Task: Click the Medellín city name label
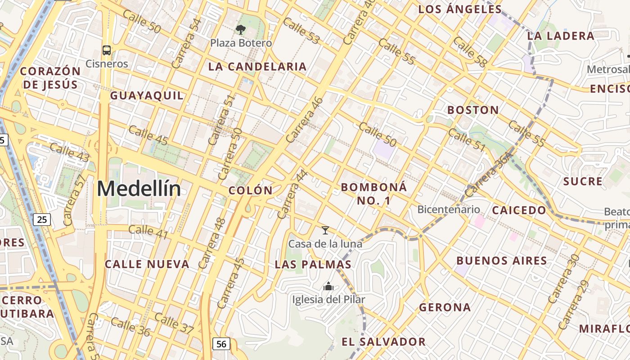(139, 189)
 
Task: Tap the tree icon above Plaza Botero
(241, 30)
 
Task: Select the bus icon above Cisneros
(107, 50)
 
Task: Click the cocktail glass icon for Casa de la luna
(325, 230)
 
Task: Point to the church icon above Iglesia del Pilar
(328, 286)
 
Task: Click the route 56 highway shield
(221, 344)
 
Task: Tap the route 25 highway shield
(42, 220)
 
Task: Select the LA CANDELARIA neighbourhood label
(257, 67)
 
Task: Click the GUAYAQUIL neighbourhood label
(147, 95)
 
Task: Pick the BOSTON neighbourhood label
(473, 110)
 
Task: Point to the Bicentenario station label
(449, 209)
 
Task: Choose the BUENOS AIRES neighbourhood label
(502, 261)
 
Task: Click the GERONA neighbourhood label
(445, 307)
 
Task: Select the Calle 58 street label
(469, 52)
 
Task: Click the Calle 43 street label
(69, 152)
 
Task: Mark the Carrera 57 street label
(74, 200)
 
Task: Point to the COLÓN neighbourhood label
(251, 190)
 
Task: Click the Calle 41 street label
(148, 232)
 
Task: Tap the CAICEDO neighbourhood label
(519, 210)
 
